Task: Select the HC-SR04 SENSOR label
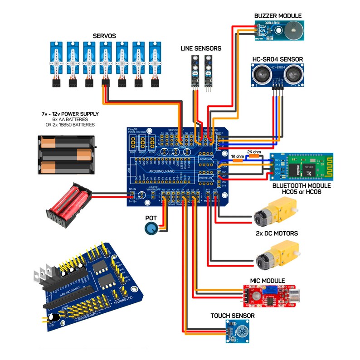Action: pyautogui.click(x=277, y=59)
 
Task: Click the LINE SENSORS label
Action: pyautogui.click(x=201, y=48)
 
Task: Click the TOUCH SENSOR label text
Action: pyautogui.click(x=232, y=316)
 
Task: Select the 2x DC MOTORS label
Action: pyautogui.click(x=277, y=233)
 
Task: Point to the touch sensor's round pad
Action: pyautogui.click(x=236, y=331)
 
